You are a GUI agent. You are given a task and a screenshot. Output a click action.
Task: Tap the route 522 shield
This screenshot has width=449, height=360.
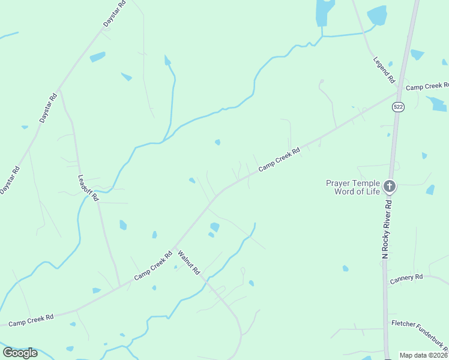pos(398,107)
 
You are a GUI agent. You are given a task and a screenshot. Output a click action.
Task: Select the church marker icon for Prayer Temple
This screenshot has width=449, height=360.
pos(390,187)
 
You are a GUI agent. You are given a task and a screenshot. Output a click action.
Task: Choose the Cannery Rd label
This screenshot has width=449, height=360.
pos(406,279)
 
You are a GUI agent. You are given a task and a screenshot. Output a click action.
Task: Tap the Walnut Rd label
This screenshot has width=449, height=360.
pos(188,263)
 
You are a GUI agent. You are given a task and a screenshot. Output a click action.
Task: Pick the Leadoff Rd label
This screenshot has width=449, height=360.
pos(87,188)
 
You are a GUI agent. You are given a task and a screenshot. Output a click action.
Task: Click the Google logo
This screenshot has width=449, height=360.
pos(20,353)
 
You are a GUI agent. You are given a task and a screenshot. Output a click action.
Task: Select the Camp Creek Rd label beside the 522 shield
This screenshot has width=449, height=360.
pos(427,87)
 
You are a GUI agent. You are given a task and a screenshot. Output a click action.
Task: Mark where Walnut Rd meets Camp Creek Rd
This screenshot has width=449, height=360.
pos(173,248)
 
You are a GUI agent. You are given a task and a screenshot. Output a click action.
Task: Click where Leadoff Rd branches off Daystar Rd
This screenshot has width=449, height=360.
pos(59,90)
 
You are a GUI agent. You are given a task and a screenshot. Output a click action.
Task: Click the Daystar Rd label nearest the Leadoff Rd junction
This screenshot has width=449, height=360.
pos(47,108)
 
